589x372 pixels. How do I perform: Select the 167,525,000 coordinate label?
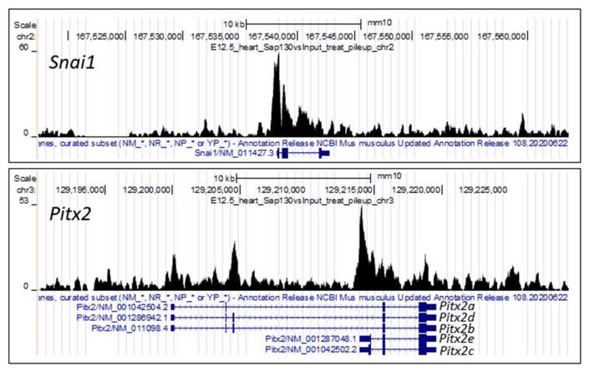[99, 36]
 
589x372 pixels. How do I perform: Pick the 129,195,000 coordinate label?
[78, 189]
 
